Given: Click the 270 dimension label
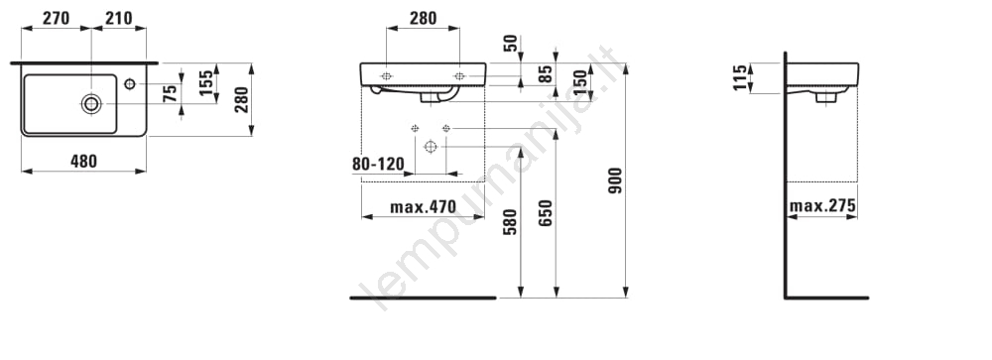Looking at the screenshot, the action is (x=56, y=19).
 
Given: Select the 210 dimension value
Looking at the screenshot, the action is (x=119, y=19).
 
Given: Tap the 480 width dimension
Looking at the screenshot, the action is (x=83, y=162).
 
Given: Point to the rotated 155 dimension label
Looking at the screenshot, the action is (x=206, y=83).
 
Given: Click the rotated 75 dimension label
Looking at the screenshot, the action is (x=170, y=93).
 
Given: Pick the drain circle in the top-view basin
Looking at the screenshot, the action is (x=91, y=104).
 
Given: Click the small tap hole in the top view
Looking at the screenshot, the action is (x=130, y=83).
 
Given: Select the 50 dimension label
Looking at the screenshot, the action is (x=511, y=43).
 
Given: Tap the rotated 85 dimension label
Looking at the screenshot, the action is (x=546, y=74).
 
